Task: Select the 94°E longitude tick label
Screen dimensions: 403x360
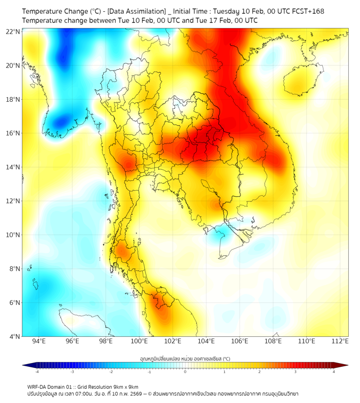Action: pos(39,341)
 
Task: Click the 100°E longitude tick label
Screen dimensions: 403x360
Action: pos(139,341)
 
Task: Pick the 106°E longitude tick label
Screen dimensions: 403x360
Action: pos(240,341)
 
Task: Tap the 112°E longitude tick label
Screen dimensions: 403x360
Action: pos(340,341)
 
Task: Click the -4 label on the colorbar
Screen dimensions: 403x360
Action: pos(36,372)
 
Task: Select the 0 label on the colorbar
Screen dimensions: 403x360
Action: pos(185,372)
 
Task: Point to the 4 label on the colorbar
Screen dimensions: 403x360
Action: pos(333,372)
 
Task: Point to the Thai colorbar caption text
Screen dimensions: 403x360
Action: pos(185,358)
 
